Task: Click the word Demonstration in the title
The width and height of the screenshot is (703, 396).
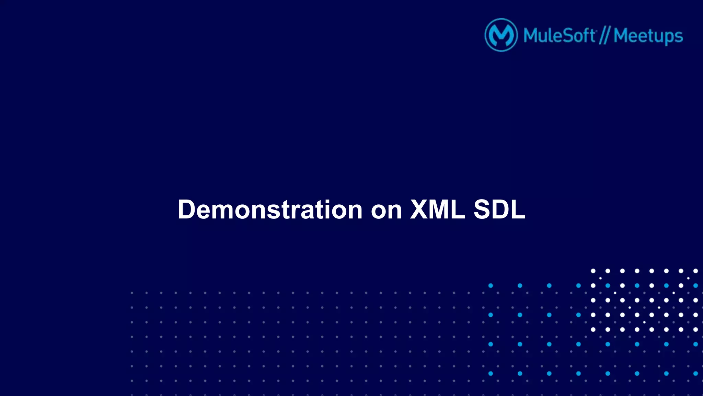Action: point(270,210)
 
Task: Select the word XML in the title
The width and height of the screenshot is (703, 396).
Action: point(438,209)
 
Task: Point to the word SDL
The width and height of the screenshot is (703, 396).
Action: point(499,209)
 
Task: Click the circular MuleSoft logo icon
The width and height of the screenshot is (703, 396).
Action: point(501,35)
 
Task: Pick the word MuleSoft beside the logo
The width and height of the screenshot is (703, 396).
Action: point(560,35)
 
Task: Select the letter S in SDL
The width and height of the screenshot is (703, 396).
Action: point(483,209)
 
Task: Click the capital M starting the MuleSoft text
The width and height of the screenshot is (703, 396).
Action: point(531,35)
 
